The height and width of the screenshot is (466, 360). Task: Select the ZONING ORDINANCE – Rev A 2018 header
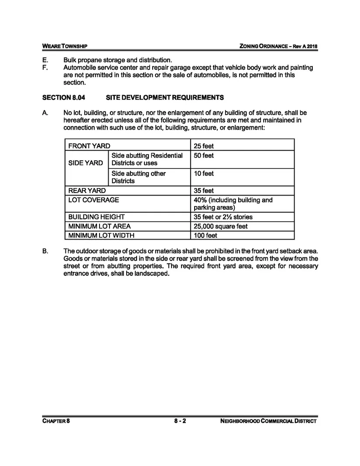click(275, 46)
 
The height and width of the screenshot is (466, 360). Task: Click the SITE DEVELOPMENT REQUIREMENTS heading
click(165, 97)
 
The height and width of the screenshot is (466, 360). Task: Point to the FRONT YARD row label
click(89, 146)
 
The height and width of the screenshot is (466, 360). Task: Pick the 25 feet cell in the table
click(204, 146)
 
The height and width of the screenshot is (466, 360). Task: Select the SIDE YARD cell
click(86, 163)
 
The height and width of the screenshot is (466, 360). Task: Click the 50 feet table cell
click(204, 156)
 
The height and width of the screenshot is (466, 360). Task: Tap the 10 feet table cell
click(204, 174)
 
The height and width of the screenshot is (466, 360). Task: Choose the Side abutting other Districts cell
click(139, 177)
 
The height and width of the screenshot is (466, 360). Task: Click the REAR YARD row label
click(87, 191)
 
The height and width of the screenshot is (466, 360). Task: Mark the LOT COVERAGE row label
click(93, 200)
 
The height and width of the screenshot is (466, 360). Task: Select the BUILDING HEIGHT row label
click(96, 217)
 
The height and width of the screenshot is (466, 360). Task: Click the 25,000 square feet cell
click(220, 226)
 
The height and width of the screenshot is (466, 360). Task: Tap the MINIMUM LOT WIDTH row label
click(101, 236)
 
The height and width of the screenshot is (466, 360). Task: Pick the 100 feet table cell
click(206, 236)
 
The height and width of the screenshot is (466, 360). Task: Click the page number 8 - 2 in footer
click(180, 421)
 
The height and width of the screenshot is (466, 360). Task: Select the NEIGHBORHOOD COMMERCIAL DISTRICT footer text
click(269, 421)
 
